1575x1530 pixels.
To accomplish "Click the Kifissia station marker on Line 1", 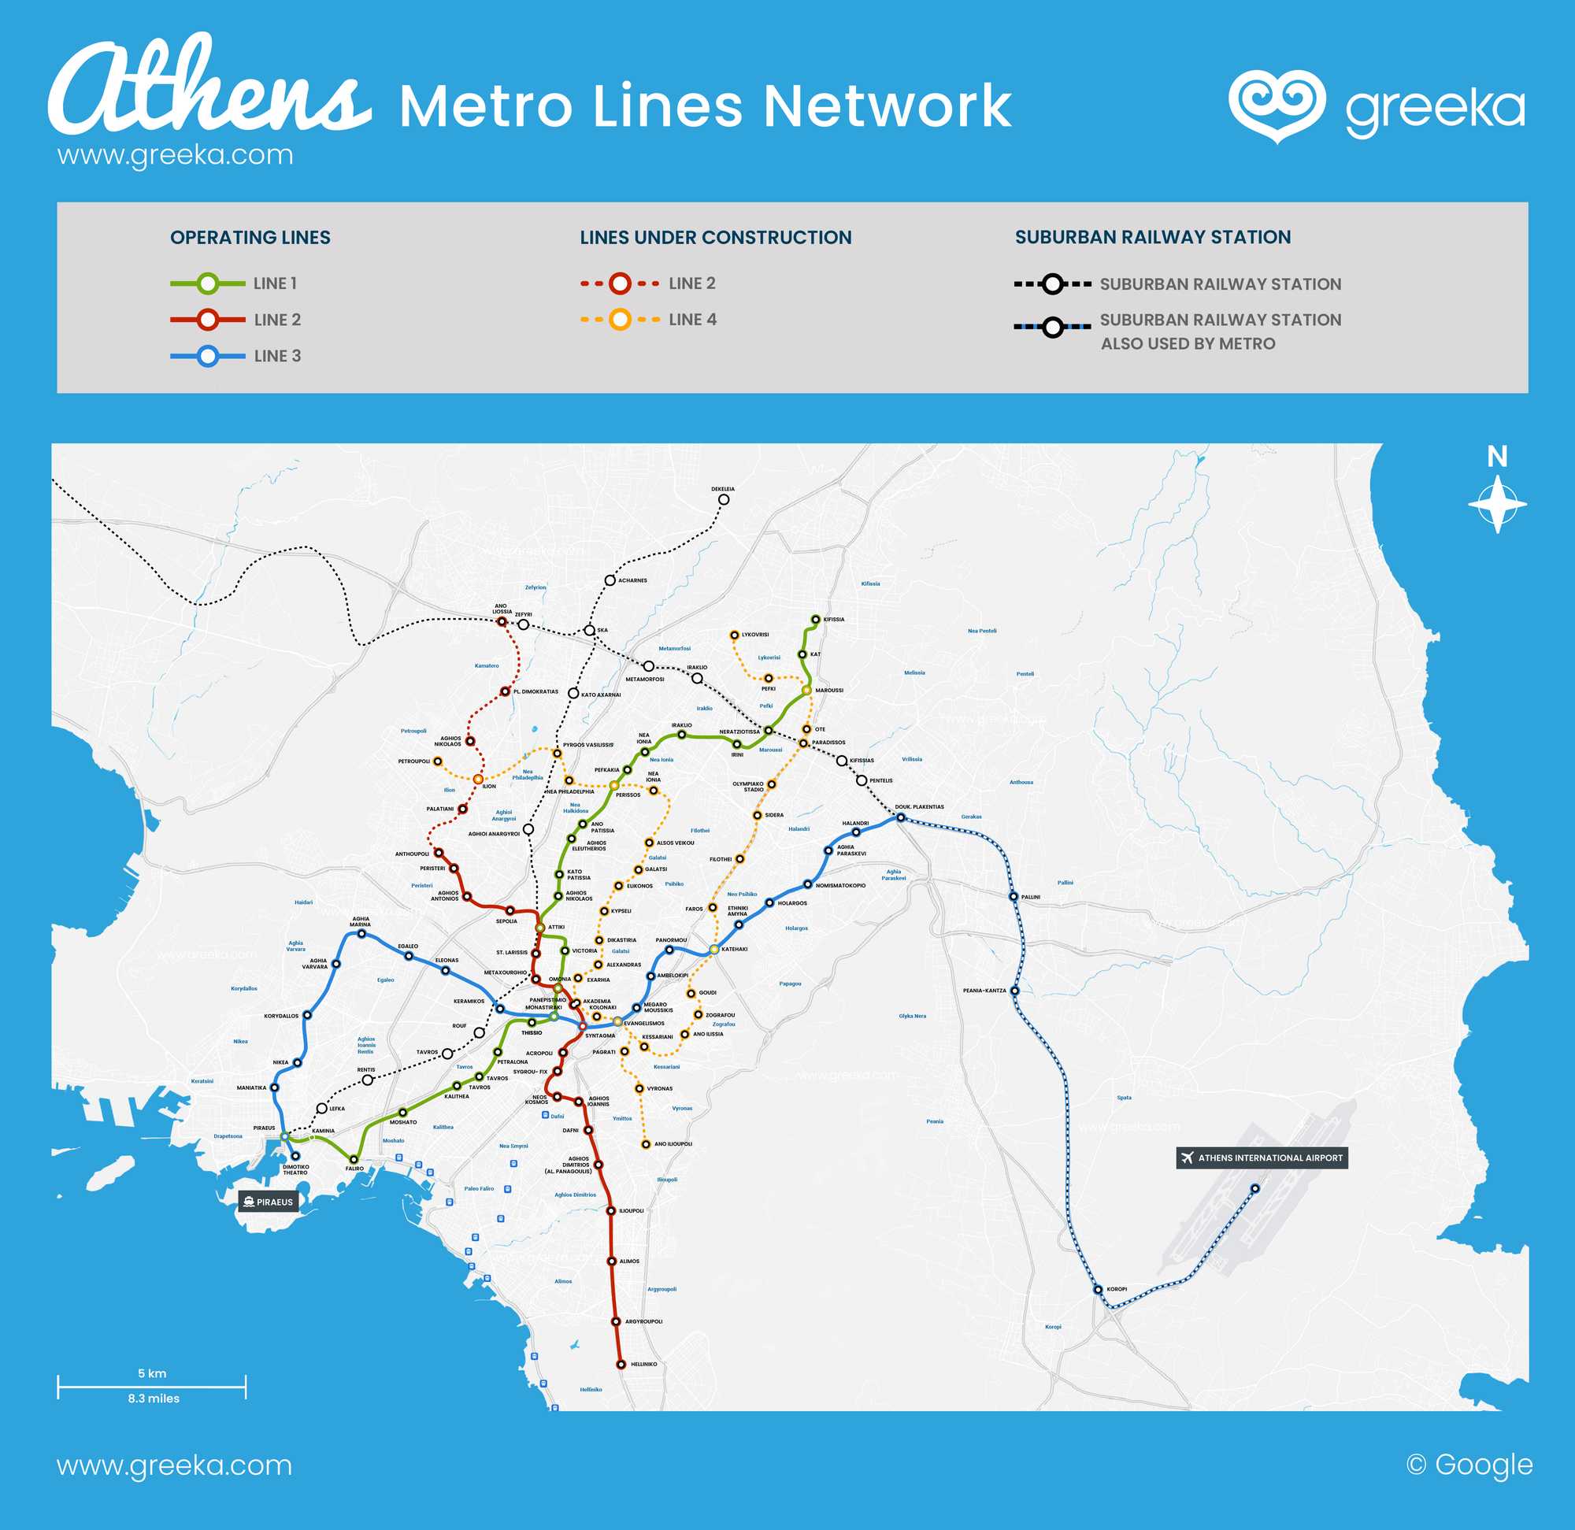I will click(816, 620).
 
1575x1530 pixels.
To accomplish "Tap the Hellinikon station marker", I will click(621, 1364).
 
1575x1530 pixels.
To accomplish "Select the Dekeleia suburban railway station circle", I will click(723, 500).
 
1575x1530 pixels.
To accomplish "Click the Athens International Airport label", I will click(1262, 1158).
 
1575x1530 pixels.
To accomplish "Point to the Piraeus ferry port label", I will click(269, 1202).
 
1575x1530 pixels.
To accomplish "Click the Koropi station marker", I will click(1098, 1290).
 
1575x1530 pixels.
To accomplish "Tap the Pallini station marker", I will click(1014, 896).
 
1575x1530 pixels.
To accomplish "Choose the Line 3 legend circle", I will click(208, 356).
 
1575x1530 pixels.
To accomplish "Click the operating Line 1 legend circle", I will click(208, 283).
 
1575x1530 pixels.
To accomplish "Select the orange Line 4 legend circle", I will click(620, 319).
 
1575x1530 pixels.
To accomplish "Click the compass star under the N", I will click(1497, 505).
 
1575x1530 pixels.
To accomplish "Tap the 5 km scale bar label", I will click(152, 1373).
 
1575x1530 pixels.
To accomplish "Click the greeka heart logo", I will click(1276, 106).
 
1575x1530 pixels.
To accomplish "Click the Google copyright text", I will click(1469, 1464).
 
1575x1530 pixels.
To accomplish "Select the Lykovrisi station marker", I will click(734, 635).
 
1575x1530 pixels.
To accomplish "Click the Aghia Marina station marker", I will click(361, 934).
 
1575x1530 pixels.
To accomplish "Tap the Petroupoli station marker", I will click(438, 761).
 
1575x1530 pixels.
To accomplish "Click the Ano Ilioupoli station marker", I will click(645, 1144).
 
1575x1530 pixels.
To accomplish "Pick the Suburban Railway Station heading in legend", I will click(1152, 237).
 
